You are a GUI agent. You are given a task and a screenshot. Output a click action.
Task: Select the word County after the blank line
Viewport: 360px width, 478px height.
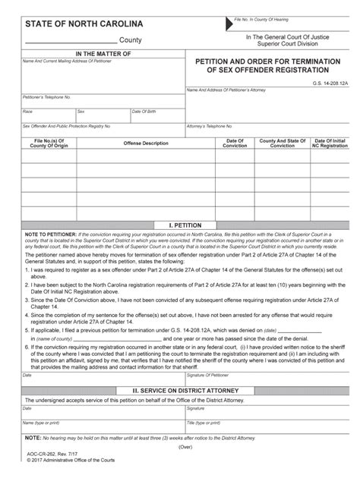point(136,39)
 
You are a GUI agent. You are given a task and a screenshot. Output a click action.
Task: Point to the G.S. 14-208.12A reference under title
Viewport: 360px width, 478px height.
point(332,82)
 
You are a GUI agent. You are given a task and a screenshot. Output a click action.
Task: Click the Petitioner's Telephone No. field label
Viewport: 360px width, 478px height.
point(46,97)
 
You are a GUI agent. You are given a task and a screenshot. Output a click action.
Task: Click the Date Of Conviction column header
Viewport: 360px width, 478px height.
point(235,143)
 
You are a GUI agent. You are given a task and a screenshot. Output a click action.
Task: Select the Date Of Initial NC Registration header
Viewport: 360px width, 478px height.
point(330,143)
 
